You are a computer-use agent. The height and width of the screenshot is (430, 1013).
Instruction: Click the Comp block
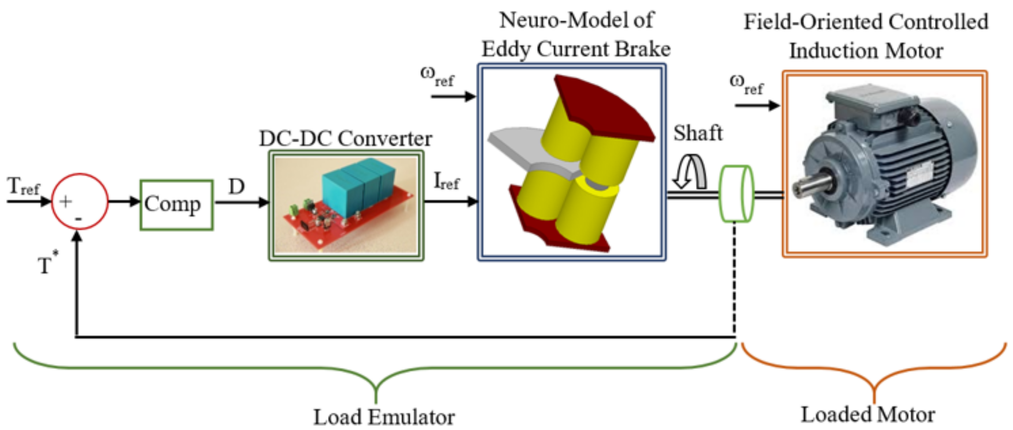click(177, 205)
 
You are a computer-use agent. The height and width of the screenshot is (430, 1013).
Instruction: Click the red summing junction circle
click(80, 201)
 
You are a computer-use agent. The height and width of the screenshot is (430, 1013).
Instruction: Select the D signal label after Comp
click(236, 187)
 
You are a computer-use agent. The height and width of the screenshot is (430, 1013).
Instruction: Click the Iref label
click(446, 182)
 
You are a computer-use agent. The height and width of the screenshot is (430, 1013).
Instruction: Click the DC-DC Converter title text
click(345, 138)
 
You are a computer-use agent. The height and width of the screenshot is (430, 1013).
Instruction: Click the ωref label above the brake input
click(437, 77)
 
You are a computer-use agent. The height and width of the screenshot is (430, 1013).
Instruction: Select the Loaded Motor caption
click(868, 414)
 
